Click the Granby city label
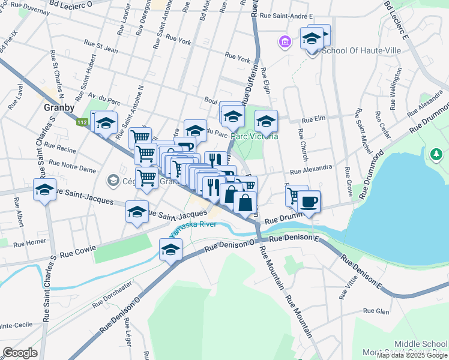click(59, 108)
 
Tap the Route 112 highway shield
click(81, 122)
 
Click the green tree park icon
click(437, 155)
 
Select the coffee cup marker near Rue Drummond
click(309, 202)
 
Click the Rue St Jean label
click(101, 43)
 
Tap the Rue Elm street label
click(313, 119)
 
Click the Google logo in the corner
click(20, 353)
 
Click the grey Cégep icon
click(112, 179)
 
